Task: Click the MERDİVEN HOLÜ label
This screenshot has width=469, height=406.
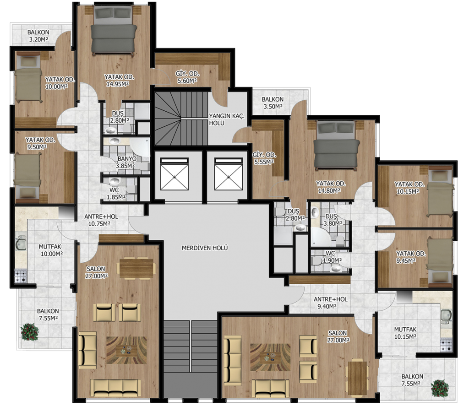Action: pos(205,248)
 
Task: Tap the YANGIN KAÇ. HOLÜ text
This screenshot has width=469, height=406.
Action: pos(226,119)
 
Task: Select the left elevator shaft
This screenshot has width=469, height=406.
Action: pos(175,174)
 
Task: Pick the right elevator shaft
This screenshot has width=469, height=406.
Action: pos(229,174)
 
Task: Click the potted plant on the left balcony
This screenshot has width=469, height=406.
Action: pos(30,332)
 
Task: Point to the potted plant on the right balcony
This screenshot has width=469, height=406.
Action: pos(440,388)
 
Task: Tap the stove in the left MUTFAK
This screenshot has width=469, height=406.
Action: pos(21,276)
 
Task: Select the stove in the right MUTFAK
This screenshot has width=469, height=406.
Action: pos(446,345)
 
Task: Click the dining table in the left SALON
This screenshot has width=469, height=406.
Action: pos(136,268)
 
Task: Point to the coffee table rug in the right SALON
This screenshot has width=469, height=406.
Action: pos(270,357)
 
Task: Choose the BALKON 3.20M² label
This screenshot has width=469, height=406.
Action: pos(38,36)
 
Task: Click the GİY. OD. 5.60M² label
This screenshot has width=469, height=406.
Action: pos(187,77)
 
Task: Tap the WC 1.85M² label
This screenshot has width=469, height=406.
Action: pos(116,194)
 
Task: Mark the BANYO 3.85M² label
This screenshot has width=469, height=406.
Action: pos(125,162)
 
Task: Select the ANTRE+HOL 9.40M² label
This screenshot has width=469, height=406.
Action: pos(331,303)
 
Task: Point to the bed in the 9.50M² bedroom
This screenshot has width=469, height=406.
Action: pos(28,178)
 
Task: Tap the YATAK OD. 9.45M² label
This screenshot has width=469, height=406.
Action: pos(411,257)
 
